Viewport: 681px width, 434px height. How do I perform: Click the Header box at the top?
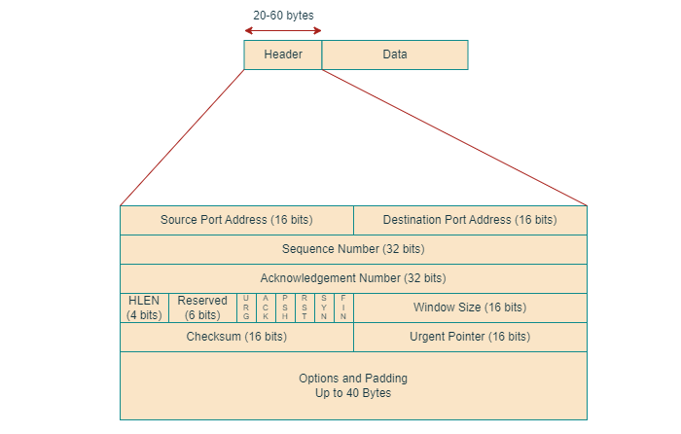[x=282, y=54]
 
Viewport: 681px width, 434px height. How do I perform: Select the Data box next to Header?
[x=394, y=54]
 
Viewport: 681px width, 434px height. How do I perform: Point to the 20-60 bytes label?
[x=282, y=16]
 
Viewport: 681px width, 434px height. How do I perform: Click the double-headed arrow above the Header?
[x=282, y=30]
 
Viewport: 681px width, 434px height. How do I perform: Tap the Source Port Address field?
[x=236, y=220]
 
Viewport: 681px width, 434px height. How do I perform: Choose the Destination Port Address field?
[x=470, y=220]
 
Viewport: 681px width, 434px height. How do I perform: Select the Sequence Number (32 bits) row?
[x=353, y=249]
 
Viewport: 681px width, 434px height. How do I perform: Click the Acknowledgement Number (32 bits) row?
[x=353, y=278]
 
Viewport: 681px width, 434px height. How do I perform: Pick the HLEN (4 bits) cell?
[x=144, y=307]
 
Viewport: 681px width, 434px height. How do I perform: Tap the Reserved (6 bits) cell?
[x=202, y=307]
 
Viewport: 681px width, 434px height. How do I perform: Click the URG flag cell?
[x=246, y=307]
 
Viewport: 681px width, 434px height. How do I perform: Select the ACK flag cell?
[x=266, y=307]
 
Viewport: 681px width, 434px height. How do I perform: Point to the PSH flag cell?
[x=285, y=307]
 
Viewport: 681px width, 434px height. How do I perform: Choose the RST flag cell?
[x=305, y=307]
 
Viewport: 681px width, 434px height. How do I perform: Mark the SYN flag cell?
[x=324, y=307]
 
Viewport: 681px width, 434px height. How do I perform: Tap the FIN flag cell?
[x=343, y=307]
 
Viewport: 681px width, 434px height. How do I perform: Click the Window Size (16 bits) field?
[x=470, y=307]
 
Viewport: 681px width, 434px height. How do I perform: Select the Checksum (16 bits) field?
[x=236, y=337]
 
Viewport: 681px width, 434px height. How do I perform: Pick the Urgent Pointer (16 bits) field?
[x=470, y=337]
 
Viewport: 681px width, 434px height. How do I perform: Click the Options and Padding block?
[x=353, y=385]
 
